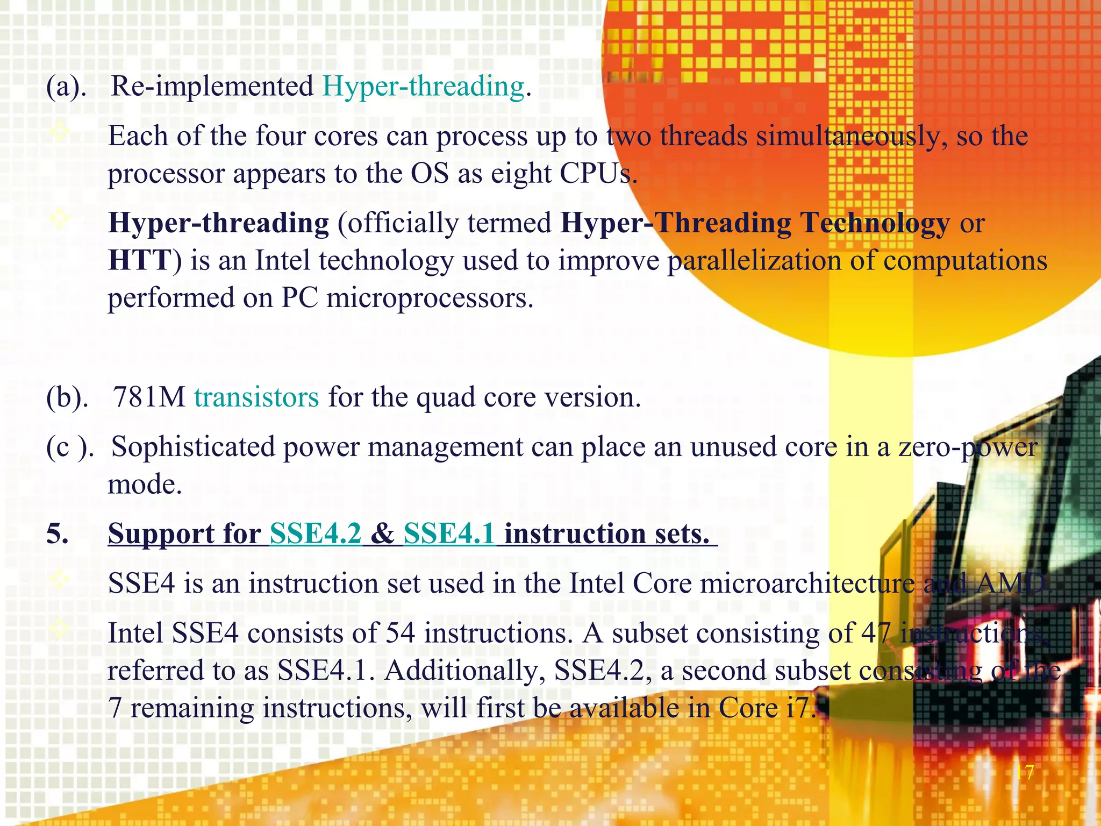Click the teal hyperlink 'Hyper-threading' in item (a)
pyautogui.click(x=423, y=87)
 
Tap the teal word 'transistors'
pyautogui.click(x=256, y=397)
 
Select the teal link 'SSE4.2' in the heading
pyautogui.click(x=316, y=534)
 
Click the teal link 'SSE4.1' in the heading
pyautogui.click(x=449, y=534)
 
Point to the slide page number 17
pyautogui.click(x=1024, y=773)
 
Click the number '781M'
pyautogui.click(x=149, y=397)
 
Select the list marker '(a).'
pyautogui.click(x=66, y=87)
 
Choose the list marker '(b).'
pyautogui.click(x=67, y=397)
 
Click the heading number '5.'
pyautogui.click(x=58, y=534)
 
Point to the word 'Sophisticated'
pyautogui.click(x=193, y=447)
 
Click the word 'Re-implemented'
pyautogui.click(x=212, y=87)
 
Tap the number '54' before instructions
pyautogui.click(x=400, y=633)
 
